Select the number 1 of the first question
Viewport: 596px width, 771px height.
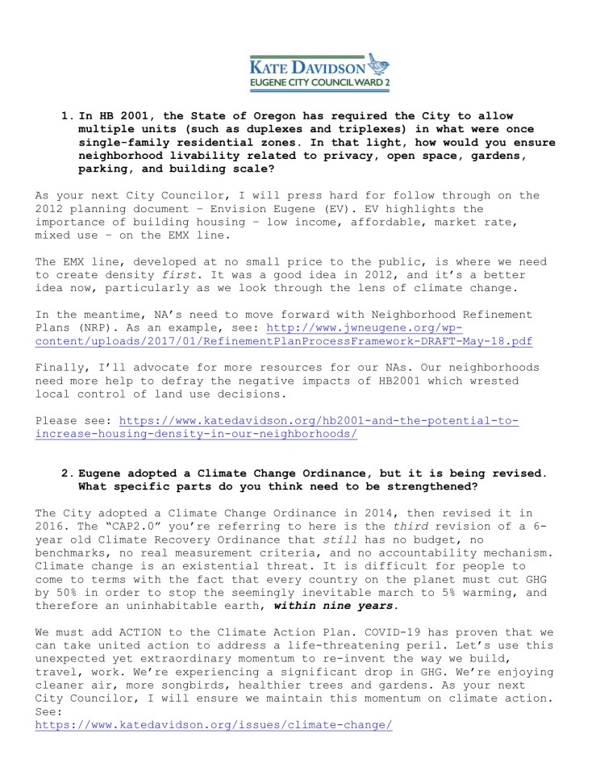pos(65,116)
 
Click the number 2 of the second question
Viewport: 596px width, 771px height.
pos(65,473)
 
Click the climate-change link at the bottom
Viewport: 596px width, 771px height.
pos(214,723)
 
